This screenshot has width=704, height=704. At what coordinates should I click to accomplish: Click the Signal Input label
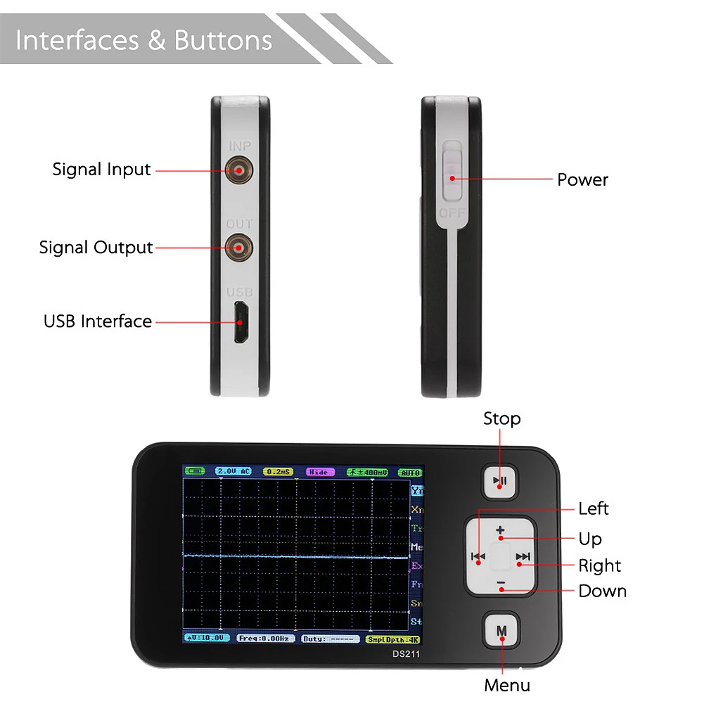point(101,169)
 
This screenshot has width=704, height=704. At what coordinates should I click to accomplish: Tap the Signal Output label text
point(96,248)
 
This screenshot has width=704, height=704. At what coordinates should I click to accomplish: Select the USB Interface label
point(98,321)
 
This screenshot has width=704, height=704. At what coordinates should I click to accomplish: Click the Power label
point(582,179)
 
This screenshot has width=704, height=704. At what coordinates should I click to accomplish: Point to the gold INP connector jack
point(239,169)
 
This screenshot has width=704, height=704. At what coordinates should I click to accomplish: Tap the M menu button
point(501,630)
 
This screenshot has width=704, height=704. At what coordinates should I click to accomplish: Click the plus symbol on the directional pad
point(500,530)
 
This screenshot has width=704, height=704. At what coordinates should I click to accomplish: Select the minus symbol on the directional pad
point(501,583)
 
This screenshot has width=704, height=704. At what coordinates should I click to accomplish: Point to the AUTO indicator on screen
point(409,472)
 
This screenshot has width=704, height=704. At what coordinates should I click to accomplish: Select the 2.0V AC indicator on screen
point(233,471)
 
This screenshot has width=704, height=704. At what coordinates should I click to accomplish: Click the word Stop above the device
point(501,418)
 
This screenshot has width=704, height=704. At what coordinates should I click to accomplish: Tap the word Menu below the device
point(507,684)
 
